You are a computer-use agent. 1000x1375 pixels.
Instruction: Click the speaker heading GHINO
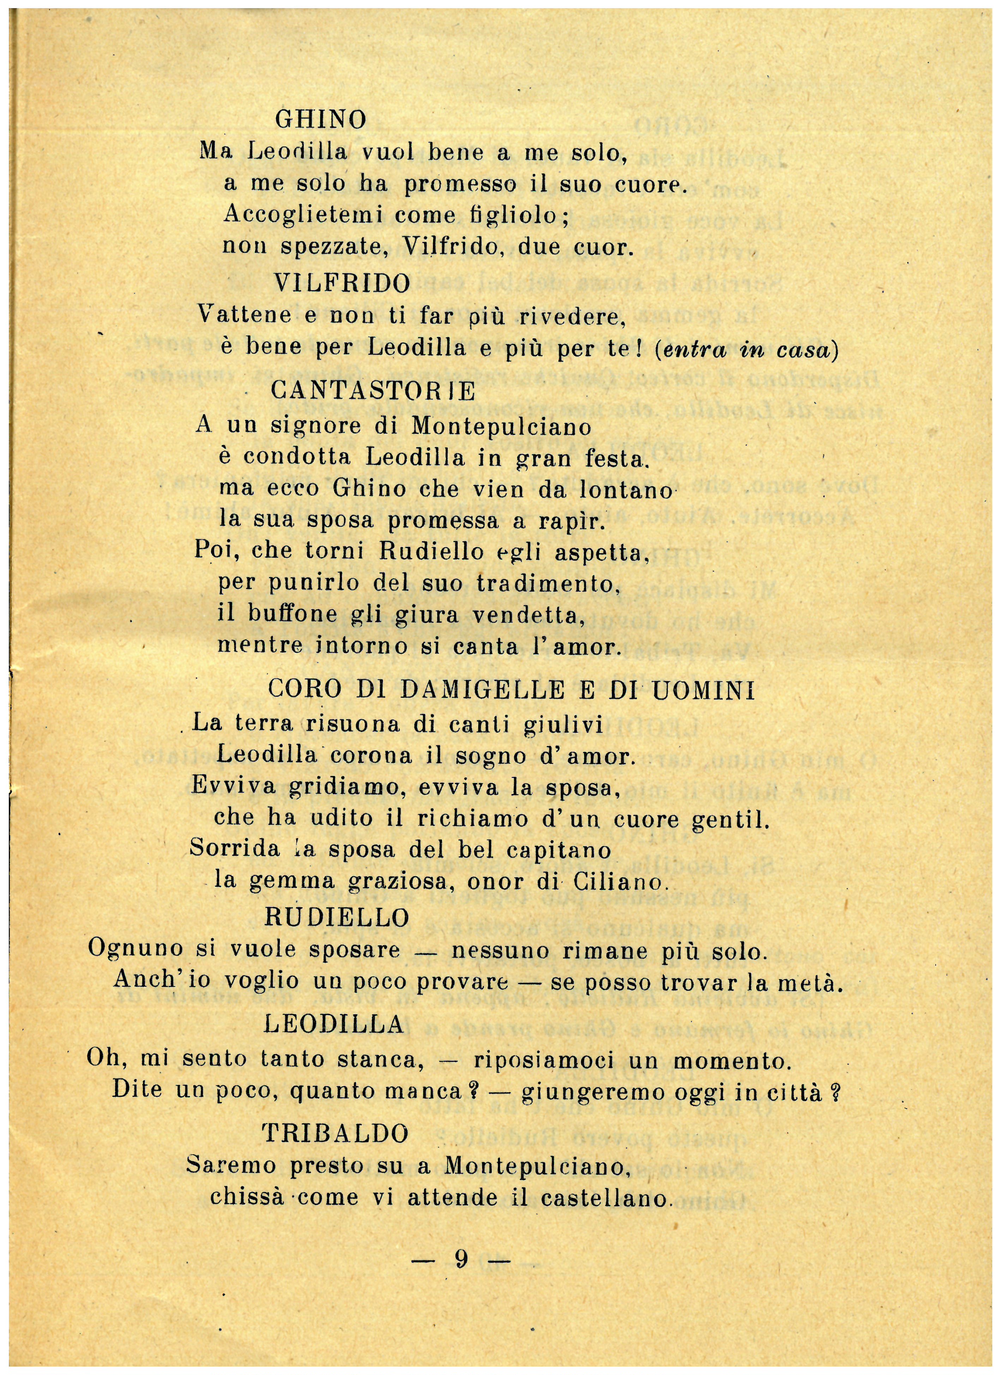321,119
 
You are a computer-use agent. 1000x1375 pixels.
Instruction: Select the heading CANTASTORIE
373,391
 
